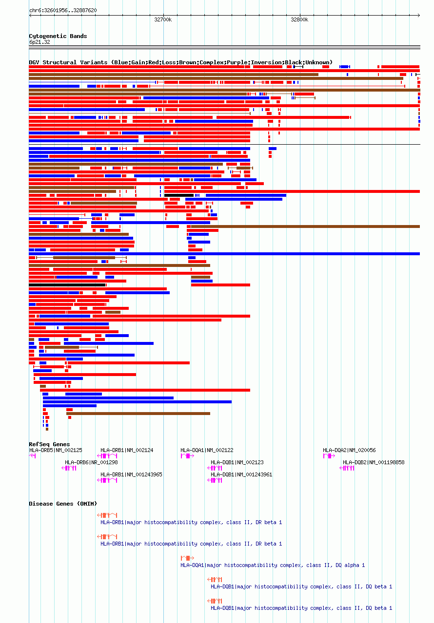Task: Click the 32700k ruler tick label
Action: [163, 20]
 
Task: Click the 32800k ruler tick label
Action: [299, 20]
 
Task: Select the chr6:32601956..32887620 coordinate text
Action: [63, 10]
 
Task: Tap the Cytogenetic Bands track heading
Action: [58, 36]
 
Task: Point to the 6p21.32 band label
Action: [39, 42]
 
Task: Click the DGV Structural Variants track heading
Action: [180, 62]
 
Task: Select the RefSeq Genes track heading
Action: [49, 444]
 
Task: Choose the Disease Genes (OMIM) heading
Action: [63, 504]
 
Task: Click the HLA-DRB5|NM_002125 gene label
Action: [56, 450]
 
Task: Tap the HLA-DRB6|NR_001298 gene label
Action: [91, 462]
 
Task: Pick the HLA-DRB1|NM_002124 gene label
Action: [127, 450]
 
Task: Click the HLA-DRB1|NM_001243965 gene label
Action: [131, 474]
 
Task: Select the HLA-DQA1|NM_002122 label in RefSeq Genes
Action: [207, 450]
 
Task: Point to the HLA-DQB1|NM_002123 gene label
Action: [237, 462]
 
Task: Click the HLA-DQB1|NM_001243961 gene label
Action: [241, 474]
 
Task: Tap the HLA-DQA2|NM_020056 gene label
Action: [349, 450]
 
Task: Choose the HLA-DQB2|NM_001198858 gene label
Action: [374, 462]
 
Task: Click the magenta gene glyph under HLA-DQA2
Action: [329, 456]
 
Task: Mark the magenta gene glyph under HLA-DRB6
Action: [69, 468]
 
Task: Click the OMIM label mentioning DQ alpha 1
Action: [273, 565]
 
